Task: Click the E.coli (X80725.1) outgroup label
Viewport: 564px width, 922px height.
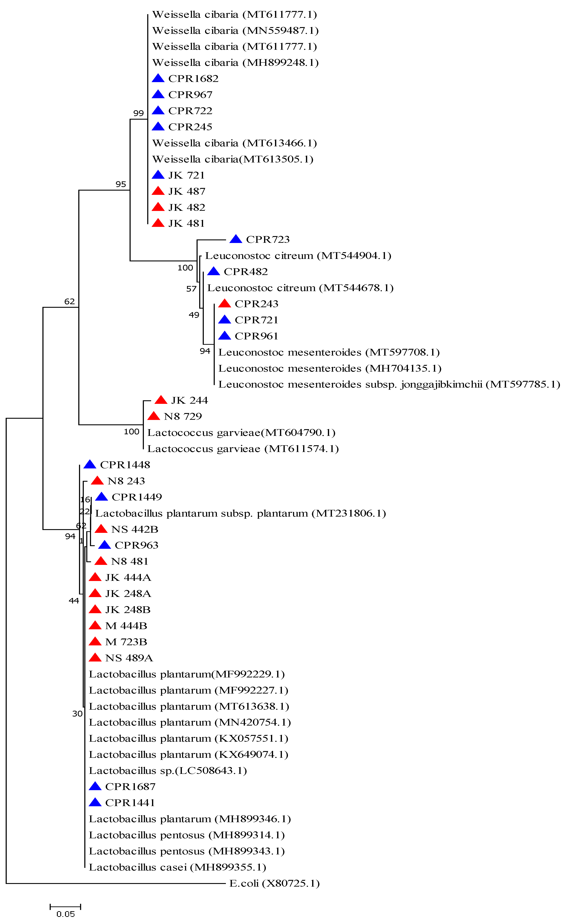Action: tap(274, 883)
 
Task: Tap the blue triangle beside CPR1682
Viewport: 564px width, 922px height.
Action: tap(158, 78)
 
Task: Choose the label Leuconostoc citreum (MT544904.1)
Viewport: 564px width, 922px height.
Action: tap(298, 256)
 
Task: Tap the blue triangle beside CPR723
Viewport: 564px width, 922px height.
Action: tap(235, 239)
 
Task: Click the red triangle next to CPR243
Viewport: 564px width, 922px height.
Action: tap(224, 303)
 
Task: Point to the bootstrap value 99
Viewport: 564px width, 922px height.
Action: tap(138, 113)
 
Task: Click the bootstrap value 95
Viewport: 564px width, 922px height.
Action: tap(121, 184)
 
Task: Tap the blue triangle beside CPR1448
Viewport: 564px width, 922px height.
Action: tap(90, 464)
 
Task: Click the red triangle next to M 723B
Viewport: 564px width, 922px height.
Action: tap(95, 642)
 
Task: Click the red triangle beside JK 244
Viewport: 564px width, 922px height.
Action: tap(161, 400)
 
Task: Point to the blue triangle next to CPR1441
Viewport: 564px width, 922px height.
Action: tap(95, 803)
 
